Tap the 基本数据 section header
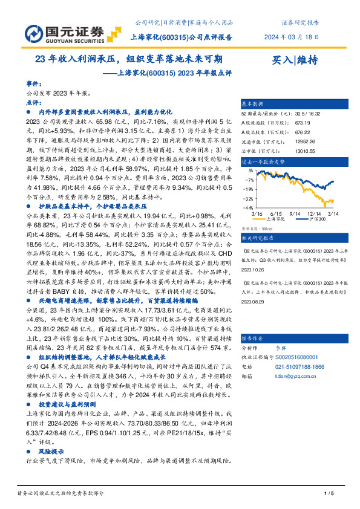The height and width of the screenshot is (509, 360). click(x=253, y=103)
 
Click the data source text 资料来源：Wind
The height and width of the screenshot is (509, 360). click(x=255, y=229)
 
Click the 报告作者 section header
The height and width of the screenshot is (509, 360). click(x=253, y=338)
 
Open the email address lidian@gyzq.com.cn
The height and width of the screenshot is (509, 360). click(x=308, y=375)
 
